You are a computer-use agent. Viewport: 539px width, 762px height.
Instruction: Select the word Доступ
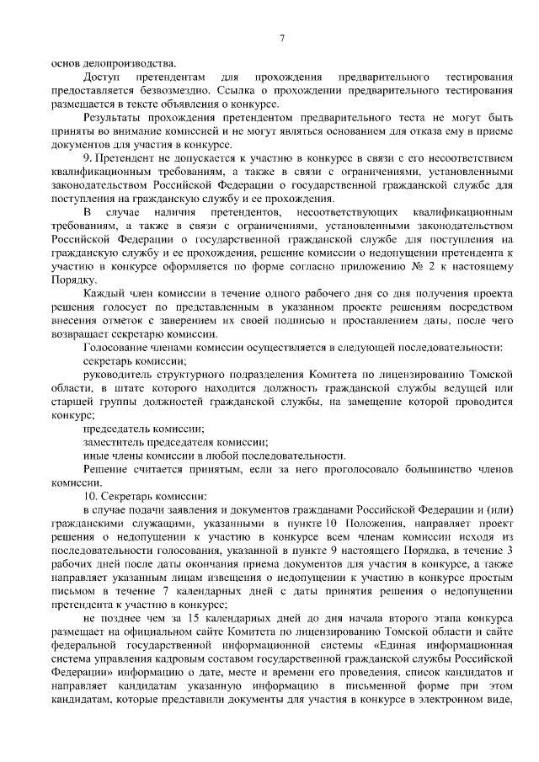point(102,77)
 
